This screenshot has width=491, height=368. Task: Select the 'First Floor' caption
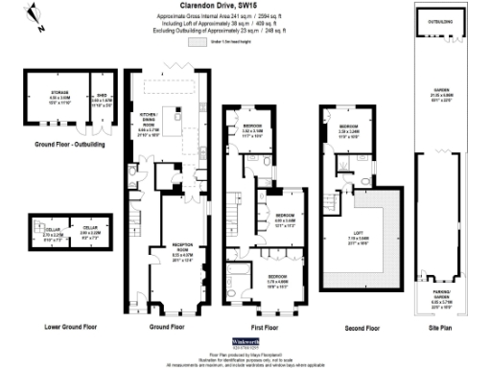257,327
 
